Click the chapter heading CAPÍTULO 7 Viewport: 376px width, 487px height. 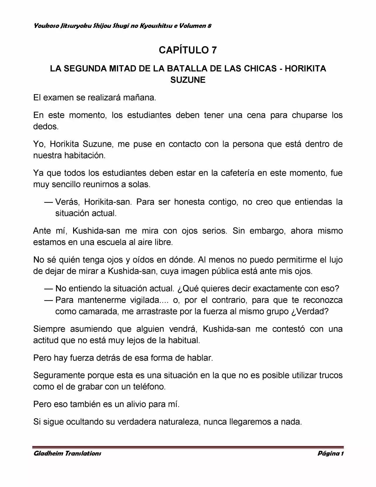188,50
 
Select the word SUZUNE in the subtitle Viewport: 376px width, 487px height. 188,80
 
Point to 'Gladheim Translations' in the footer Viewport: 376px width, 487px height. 67,453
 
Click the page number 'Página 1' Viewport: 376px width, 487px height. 330,453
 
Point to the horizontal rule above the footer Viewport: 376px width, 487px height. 188,447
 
